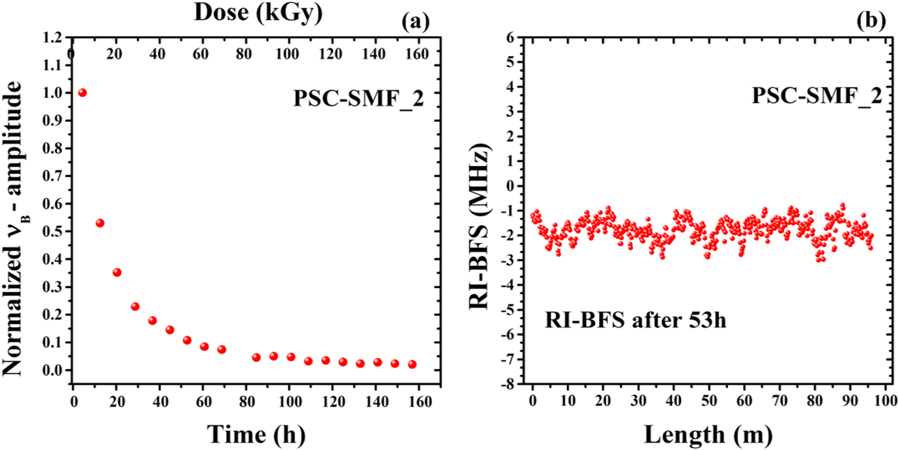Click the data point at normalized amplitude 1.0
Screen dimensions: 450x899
(82, 92)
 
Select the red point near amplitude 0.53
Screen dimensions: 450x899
(100, 223)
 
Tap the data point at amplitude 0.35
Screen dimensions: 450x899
(117, 273)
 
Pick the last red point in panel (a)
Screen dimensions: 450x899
(412, 365)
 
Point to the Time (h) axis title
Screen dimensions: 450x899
(256, 434)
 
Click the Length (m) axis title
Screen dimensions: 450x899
(708, 434)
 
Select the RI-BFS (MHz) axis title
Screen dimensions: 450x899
(480, 226)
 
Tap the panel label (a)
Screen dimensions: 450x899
(415, 21)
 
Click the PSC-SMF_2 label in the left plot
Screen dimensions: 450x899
(358, 98)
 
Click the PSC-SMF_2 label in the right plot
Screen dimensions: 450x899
(816, 95)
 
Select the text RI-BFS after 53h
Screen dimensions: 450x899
(635, 320)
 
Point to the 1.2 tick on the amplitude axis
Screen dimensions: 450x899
(52, 38)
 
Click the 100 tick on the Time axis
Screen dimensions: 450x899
(290, 402)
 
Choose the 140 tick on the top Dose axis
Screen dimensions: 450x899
(373, 54)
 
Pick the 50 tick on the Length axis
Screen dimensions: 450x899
(709, 400)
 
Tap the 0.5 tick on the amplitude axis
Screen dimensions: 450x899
(52, 232)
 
